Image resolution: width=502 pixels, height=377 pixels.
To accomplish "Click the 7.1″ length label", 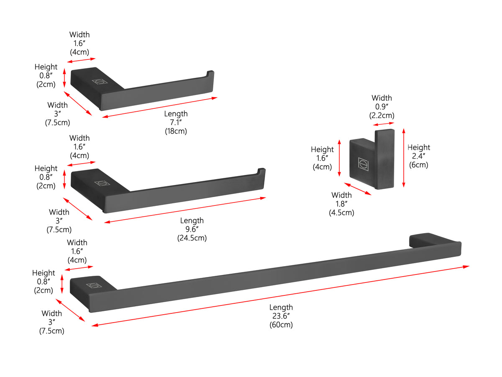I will tap(176, 122).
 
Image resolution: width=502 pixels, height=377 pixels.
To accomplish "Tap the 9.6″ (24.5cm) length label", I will tap(192, 229).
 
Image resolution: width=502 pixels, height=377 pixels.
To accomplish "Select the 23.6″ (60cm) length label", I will tap(281, 316).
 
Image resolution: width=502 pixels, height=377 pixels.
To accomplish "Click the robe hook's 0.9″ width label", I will tap(382, 107).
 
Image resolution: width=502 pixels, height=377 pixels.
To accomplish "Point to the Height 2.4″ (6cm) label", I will tap(419, 156).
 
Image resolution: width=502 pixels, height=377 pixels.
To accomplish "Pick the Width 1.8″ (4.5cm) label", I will tap(341, 204).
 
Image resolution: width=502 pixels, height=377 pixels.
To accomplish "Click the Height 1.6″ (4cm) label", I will tap(322, 158).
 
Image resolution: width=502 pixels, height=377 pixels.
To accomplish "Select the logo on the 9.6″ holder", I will tap(102, 183).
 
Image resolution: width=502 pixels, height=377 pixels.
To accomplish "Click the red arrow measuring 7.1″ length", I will tap(160, 107).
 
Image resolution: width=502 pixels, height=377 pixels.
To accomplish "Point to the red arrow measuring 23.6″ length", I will tap(280, 295).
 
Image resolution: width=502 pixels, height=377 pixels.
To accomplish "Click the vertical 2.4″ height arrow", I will tap(404, 158).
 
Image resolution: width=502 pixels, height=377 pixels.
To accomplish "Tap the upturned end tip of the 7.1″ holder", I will tap(210, 74).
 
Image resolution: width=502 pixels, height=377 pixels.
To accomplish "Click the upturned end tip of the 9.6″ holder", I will tap(261, 172).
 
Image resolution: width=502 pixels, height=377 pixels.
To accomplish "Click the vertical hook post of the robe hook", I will tap(384, 159).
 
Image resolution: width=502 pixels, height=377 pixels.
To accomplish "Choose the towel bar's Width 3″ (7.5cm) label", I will tap(52, 322).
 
